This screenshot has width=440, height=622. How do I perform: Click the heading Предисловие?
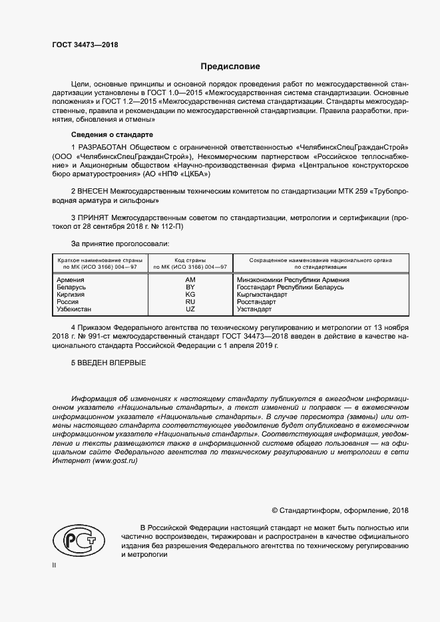pyautogui.click(x=230, y=67)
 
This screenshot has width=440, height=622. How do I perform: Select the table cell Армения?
pyautogui.click(x=71, y=280)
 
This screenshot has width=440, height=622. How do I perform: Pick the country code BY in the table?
pyautogui.click(x=190, y=287)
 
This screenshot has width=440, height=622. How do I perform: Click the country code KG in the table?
pyautogui.click(x=190, y=295)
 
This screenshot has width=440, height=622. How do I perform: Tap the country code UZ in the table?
pyautogui.click(x=190, y=309)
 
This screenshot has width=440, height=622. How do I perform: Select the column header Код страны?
pyautogui.click(x=190, y=260)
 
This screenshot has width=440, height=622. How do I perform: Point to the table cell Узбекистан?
pyautogui.click(x=75, y=309)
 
